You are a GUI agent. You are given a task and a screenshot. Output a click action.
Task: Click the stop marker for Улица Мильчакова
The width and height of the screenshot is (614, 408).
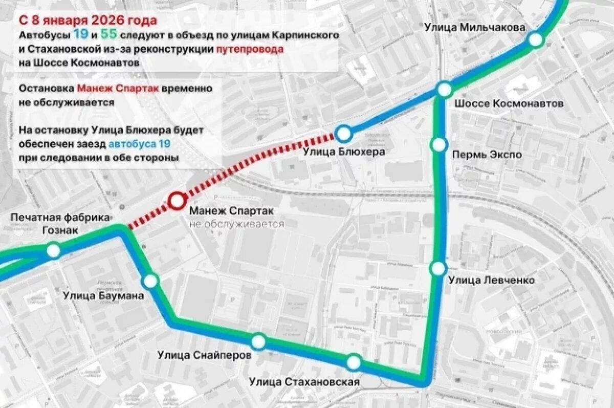click(536, 39)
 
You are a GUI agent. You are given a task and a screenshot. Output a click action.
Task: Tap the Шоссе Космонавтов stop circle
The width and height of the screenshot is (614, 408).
click(444, 90)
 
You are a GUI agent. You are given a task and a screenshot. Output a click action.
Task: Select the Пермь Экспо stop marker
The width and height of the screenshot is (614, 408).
click(438, 145)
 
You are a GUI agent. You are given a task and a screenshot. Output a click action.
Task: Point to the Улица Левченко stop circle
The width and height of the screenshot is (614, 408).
click(438, 268)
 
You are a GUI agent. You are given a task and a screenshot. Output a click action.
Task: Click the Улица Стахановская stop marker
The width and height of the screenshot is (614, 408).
click(354, 363)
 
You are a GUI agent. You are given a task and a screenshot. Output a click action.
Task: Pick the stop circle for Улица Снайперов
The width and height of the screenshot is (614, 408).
click(259, 341)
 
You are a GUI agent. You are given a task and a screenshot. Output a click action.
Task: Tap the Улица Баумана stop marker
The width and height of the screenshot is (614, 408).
click(150, 281)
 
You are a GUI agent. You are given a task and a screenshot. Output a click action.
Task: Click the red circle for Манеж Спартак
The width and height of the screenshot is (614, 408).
click(177, 201)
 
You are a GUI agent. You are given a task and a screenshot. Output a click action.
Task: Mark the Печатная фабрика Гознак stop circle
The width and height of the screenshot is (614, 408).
click(53, 251)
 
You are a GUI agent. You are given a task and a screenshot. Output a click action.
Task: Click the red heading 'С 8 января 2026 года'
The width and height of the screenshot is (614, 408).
click(88, 21)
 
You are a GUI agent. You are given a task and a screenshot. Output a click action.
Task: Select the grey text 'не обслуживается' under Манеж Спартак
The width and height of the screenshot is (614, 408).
click(236, 224)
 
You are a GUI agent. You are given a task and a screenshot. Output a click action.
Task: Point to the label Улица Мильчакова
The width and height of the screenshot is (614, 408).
click(474, 27)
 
